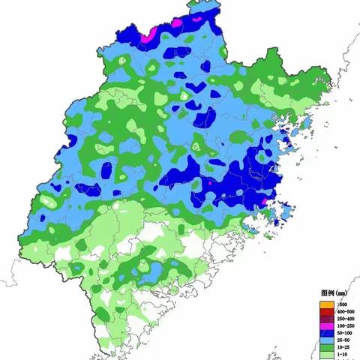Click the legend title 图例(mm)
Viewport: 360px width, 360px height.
pyautogui.click(x=331, y=293)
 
